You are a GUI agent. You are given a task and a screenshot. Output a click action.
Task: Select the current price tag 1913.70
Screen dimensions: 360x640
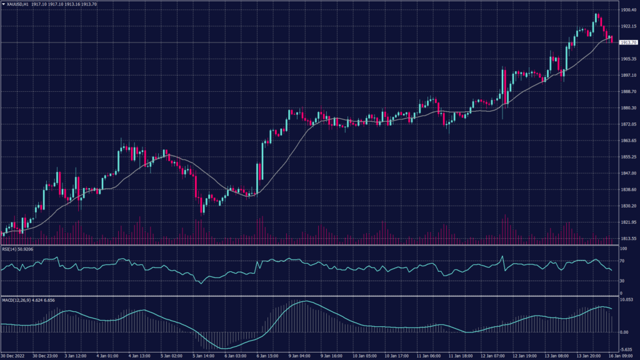tap(626, 42)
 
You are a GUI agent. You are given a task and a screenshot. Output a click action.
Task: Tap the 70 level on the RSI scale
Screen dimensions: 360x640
tap(622, 261)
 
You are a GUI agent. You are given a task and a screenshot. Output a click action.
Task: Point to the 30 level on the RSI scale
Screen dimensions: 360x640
tap(622, 281)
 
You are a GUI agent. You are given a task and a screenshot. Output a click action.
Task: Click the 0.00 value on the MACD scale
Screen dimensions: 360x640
tap(623, 332)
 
